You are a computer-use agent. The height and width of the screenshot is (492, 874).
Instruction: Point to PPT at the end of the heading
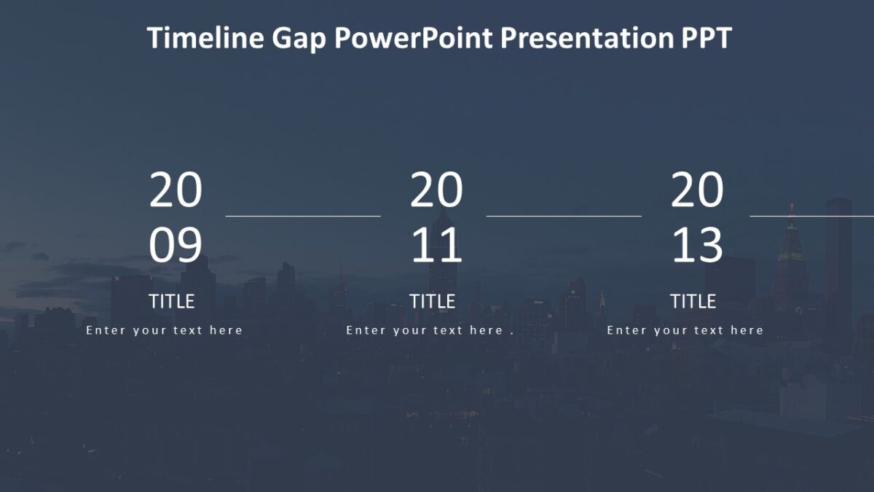coord(706,38)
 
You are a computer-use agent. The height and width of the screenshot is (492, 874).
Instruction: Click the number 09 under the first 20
coord(176,245)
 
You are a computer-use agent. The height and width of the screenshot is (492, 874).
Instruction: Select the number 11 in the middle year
coord(436,245)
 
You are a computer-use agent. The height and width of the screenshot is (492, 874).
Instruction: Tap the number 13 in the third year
coord(697,245)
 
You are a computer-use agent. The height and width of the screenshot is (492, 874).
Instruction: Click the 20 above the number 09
coord(176,191)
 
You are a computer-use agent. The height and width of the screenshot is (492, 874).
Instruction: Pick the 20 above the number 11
coord(436,191)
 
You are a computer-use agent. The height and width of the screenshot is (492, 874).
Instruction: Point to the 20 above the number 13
coord(697,191)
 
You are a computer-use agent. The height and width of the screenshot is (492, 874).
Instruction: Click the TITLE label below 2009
coord(172,301)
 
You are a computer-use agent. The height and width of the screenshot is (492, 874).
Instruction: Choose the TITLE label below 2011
coord(433,301)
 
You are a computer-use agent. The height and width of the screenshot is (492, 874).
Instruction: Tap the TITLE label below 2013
coord(693,301)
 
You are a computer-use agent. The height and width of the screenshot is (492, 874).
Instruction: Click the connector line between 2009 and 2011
coord(303,216)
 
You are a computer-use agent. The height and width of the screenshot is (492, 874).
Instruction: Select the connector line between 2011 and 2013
coord(564,216)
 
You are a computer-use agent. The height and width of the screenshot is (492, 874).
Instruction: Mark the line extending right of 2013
coord(811,216)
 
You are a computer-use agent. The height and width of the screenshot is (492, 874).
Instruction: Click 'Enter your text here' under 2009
coord(165,330)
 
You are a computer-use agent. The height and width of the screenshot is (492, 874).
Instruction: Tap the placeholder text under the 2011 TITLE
coord(430,330)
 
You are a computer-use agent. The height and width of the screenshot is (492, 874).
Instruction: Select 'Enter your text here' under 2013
coord(685,330)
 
